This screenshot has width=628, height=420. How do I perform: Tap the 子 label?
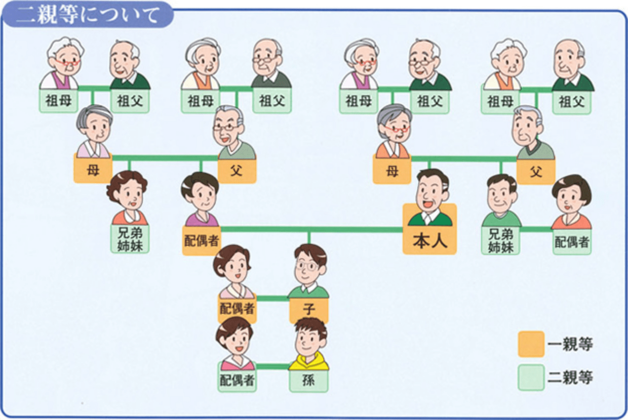309,309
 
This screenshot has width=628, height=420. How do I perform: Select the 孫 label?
308,380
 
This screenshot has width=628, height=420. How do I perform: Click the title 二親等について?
88,15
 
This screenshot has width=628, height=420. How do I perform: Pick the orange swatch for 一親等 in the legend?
531,344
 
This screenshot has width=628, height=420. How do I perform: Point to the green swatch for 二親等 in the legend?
531,377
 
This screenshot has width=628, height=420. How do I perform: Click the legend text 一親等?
570,345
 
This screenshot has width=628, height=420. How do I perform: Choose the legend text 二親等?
570,377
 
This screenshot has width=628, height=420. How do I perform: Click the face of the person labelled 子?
308,267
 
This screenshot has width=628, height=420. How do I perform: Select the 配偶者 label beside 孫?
237,381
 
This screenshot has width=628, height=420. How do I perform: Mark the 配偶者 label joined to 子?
237,308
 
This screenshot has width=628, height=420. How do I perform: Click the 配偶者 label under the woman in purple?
201,240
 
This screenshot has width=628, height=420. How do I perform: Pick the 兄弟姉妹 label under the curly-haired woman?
130,239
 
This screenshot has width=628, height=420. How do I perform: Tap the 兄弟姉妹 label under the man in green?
500,241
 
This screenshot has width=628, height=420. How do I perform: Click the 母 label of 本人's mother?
391,171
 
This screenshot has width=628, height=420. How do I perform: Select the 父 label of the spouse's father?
237,171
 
